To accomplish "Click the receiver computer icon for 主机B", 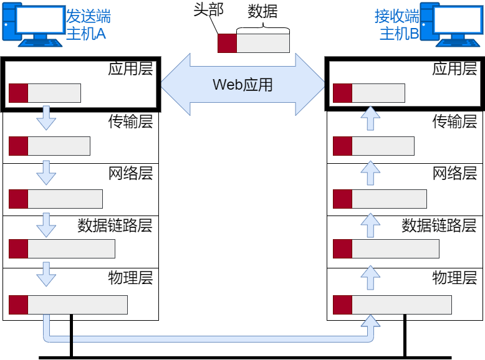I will coord(451,23).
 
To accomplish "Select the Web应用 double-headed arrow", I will coord(243,84).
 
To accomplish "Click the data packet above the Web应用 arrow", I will coord(254,44).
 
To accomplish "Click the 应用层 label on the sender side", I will coord(130,69).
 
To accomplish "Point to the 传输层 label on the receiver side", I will coord(454,121).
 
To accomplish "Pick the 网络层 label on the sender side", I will coord(130,173).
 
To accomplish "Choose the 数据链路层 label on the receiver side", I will coord(439,225).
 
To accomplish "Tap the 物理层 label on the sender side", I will coord(130,277).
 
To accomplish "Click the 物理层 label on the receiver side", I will coord(454,277).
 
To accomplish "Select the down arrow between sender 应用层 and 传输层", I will coord(46,118).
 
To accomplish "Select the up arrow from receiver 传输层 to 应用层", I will coord(370,118).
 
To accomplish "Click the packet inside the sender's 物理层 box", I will coord(68,305).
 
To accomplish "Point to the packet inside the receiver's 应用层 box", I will coord(369,93).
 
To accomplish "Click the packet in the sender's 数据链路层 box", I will coord(62,249).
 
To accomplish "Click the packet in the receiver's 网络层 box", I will coord(380,199).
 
